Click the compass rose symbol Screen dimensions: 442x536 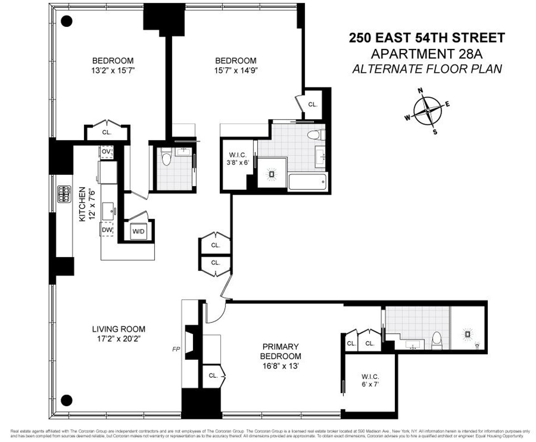pyautogui.click(x=427, y=110)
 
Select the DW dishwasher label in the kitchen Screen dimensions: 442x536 pyautogui.click(x=107, y=229)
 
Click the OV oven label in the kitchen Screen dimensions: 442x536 pyautogui.click(x=106, y=152)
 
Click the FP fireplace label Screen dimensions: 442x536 pyautogui.click(x=176, y=349)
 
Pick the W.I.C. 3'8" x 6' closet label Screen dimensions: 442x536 pyautogui.click(x=236, y=159)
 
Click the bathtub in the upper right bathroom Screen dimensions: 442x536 pyautogui.click(x=307, y=182)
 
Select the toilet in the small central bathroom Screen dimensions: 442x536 pyautogui.click(x=167, y=157)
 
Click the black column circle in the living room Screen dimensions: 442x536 pyautogui.click(x=66, y=399)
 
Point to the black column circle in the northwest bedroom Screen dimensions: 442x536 pyautogui.click(x=66, y=20)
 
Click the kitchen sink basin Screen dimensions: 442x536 pyautogui.click(x=108, y=211)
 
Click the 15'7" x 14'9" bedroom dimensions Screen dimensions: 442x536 pyautogui.click(x=236, y=70)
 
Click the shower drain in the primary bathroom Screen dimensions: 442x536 pyautogui.click(x=467, y=334)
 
